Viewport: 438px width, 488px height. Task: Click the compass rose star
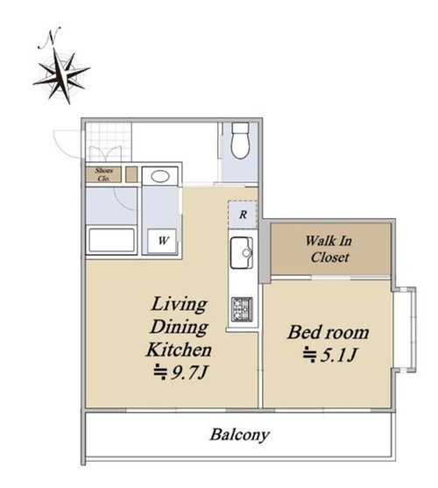(61, 75)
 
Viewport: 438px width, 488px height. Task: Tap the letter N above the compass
(50, 38)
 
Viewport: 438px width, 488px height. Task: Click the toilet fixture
(241, 141)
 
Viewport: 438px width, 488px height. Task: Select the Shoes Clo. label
(103, 174)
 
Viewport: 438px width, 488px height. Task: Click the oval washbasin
(160, 176)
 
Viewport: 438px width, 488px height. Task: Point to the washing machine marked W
(162, 241)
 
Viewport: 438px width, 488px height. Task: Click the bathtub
(111, 240)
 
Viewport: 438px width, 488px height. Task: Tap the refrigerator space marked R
(243, 215)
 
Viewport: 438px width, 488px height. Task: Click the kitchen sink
(242, 252)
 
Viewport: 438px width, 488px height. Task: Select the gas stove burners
(242, 309)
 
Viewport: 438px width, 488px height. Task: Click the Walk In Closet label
(329, 249)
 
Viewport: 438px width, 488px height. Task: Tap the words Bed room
(328, 332)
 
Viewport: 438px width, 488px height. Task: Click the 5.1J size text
(329, 355)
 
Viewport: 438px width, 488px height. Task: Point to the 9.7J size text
(180, 371)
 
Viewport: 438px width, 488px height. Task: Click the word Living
(179, 304)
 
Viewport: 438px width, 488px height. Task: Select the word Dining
(179, 328)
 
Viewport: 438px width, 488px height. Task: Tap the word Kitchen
(179, 350)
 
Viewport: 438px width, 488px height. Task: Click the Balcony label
(239, 435)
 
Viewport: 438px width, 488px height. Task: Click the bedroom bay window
(405, 329)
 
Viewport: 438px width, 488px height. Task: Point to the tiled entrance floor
(109, 142)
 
